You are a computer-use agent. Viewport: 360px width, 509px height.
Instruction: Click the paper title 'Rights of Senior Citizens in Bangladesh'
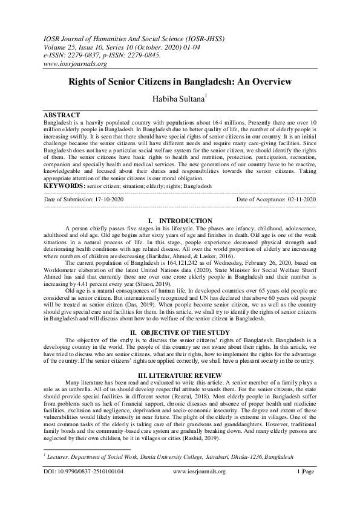tap(180, 81)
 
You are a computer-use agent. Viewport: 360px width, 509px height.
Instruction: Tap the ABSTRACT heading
tap(62, 114)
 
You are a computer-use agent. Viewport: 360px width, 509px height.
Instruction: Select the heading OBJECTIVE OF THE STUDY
tap(180, 332)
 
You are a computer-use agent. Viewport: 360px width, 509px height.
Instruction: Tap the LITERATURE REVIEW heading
tap(180, 375)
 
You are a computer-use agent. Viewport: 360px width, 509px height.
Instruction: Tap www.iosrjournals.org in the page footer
tap(200, 472)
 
